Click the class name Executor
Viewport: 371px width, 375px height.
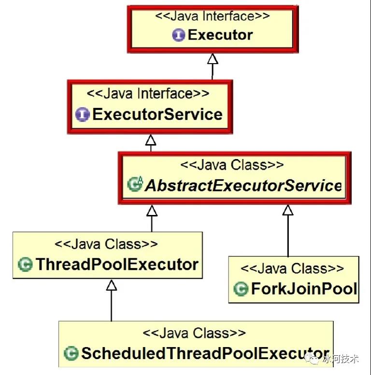(220, 35)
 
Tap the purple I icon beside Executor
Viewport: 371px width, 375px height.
(179, 35)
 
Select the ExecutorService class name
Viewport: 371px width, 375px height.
(157, 114)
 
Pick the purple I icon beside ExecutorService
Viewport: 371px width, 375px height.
(83, 114)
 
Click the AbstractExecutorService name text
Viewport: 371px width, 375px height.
(243, 186)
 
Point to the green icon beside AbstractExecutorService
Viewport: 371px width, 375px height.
(135, 184)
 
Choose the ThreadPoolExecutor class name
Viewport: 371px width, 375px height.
(117, 264)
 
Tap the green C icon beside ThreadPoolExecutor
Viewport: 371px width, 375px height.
(25, 264)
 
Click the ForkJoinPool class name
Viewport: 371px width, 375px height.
(304, 288)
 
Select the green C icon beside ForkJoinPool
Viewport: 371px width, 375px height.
(241, 288)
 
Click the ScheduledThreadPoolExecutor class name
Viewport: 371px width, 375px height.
(205, 353)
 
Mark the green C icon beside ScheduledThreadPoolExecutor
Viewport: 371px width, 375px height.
(71, 353)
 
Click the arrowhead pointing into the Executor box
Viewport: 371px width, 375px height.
(213, 59)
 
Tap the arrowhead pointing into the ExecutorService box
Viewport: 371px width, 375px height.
(151, 140)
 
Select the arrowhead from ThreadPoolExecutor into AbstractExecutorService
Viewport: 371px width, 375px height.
(152, 211)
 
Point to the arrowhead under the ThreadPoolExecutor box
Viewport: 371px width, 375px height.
(112, 285)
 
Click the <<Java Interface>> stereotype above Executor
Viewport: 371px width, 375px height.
(213, 16)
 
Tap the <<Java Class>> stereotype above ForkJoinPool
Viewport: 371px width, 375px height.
(292, 268)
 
